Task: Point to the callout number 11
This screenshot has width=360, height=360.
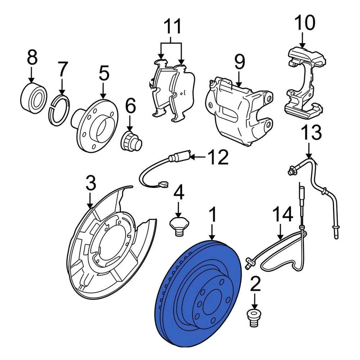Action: click(x=172, y=27)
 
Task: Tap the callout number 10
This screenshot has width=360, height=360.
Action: click(x=304, y=23)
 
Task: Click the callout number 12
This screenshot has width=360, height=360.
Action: click(x=217, y=157)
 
